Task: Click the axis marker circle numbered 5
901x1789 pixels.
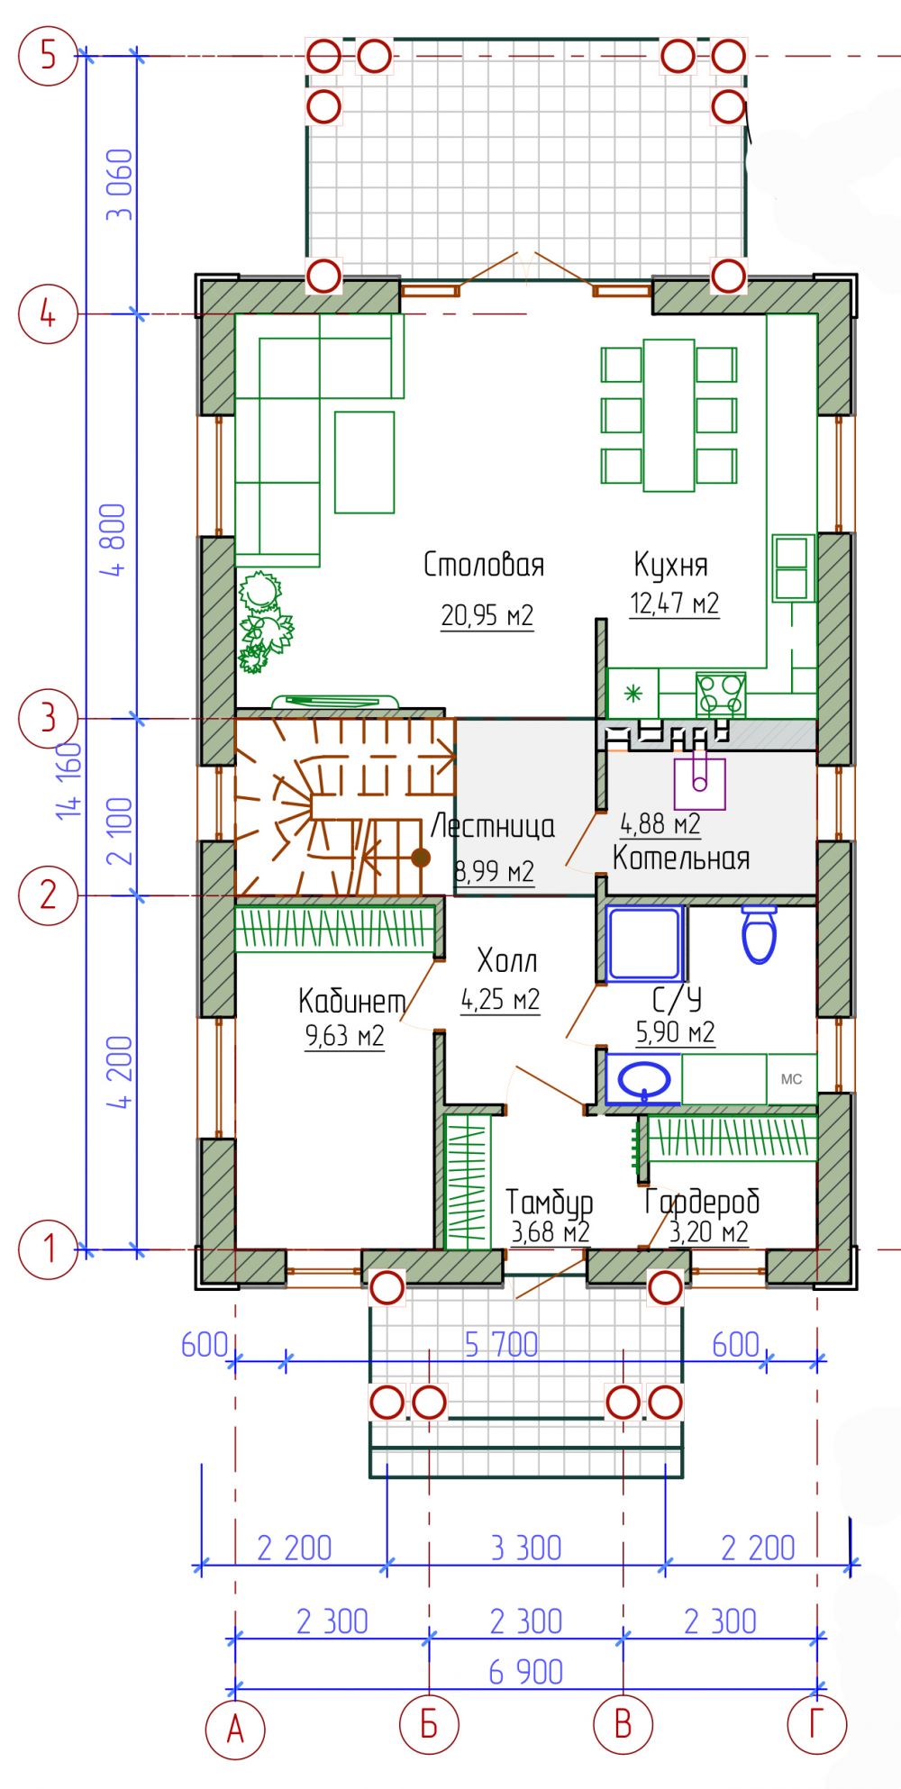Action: [x=48, y=56]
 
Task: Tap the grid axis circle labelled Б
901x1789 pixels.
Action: [x=429, y=1724]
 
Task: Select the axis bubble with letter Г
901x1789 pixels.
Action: [x=816, y=1724]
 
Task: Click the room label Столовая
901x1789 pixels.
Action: [x=484, y=565]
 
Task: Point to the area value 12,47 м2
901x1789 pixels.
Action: [x=674, y=603]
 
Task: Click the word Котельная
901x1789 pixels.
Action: [x=681, y=858]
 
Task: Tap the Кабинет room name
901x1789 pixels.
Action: [x=351, y=1001]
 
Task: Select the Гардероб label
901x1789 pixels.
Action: [x=702, y=1201]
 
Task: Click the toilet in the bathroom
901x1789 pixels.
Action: [x=759, y=934]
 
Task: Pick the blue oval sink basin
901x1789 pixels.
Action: [x=643, y=1077]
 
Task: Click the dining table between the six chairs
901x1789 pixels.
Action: [x=669, y=415]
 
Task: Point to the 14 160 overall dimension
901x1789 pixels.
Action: [x=70, y=780]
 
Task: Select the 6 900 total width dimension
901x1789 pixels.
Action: [x=526, y=1672]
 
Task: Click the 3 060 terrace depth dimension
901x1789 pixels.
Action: [x=119, y=185]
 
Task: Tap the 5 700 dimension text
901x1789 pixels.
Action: [x=501, y=1345]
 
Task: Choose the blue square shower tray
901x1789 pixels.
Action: [x=644, y=943]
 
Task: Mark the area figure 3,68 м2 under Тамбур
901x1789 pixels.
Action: [x=551, y=1231]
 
